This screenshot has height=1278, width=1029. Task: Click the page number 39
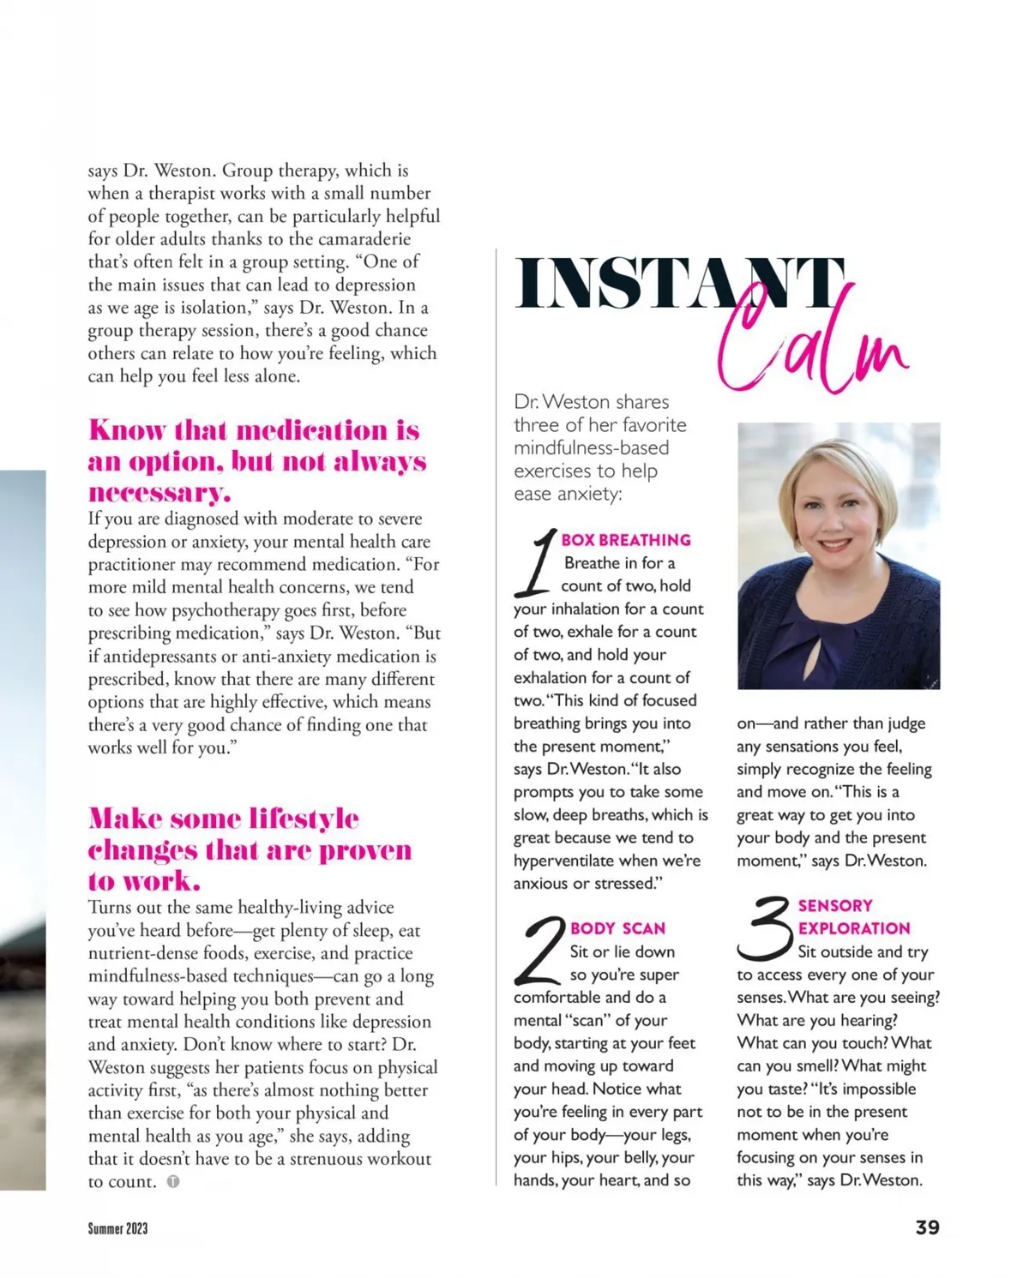pyautogui.click(x=927, y=1227)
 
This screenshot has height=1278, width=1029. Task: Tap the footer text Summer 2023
pyautogui.click(x=117, y=1228)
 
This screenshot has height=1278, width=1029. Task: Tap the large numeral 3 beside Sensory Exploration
pyautogui.click(x=765, y=927)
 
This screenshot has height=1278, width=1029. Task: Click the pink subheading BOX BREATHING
pyautogui.click(x=626, y=540)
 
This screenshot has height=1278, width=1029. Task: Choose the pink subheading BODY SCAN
pyautogui.click(x=617, y=928)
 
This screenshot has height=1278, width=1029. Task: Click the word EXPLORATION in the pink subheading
pyautogui.click(x=854, y=928)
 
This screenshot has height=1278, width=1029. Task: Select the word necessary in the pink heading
pyautogui.click(x=159, y=493)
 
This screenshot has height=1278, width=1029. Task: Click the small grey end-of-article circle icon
pyautogui.click(x=173, y=1182)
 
